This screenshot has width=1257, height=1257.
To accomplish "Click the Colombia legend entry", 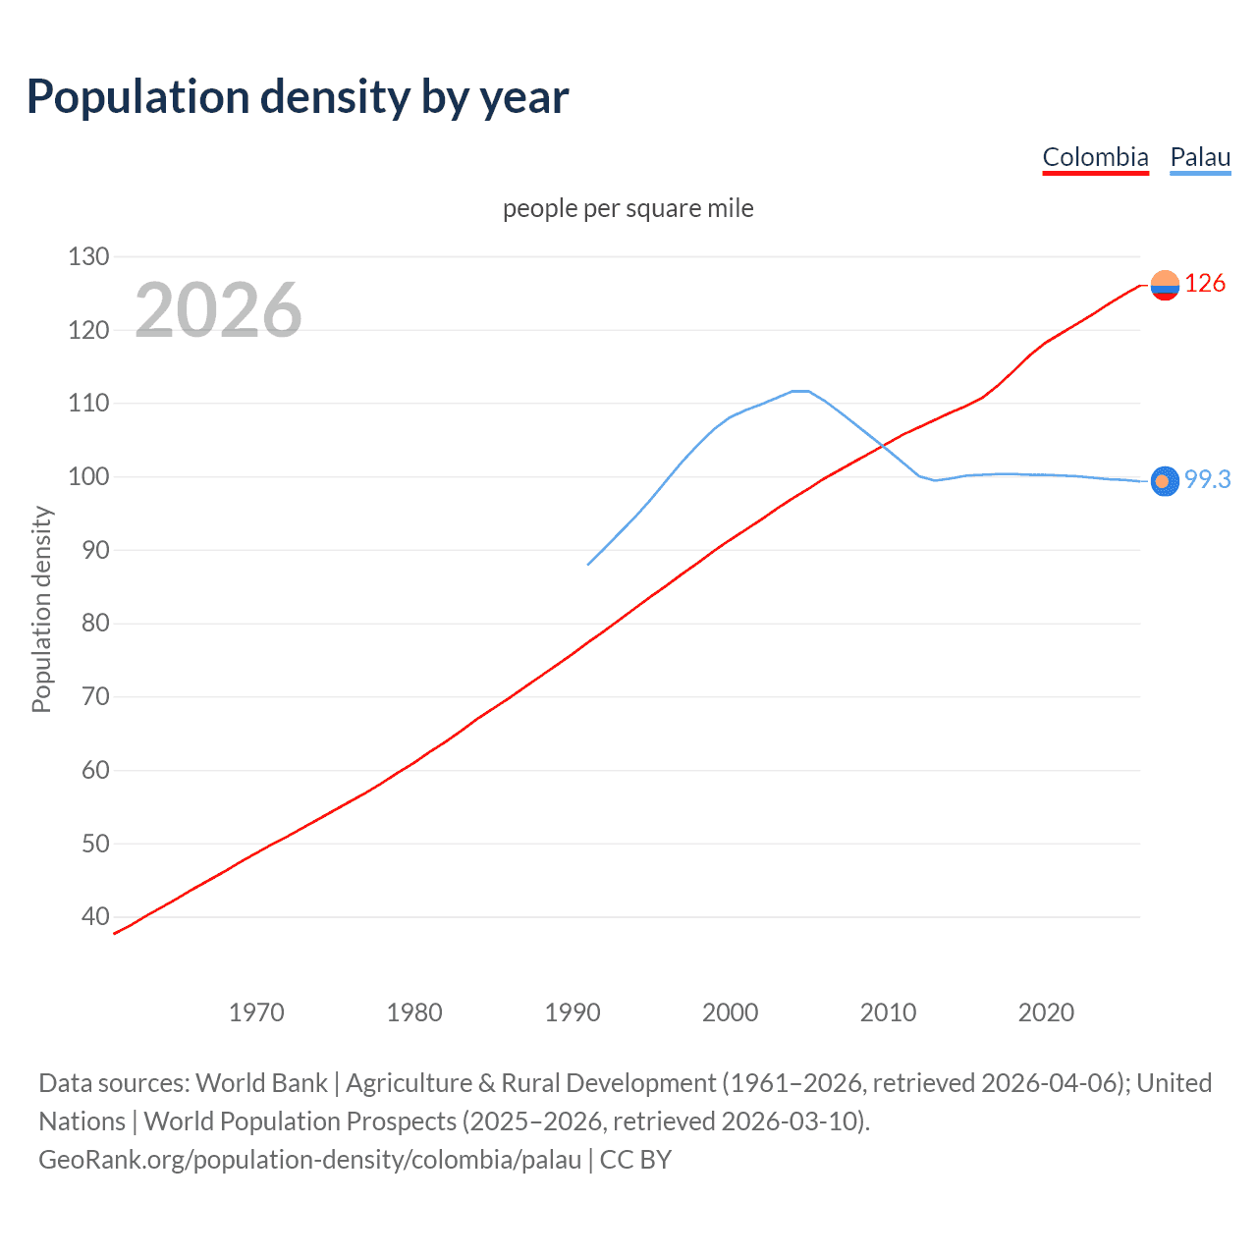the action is pyautogui.click(x=1095, y=157).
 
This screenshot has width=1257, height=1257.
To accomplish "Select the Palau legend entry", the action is pyautogui.click(x=1200, y=157).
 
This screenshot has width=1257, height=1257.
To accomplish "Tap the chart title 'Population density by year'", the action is pyautogui.click(x=298, y=96).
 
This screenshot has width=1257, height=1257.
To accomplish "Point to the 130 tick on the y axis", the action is pyautogui.click(x=88, y=257).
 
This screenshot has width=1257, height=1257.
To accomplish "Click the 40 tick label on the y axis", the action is pyautogui.click(x=88, y=916).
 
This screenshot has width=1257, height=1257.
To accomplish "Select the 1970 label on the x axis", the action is pyautogui.click(x=256, y=1012).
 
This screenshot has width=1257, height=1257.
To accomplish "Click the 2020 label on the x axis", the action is pyautogui.click(x=1046, y=1012).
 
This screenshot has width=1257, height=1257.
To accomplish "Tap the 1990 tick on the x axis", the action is pyautogui.click(x=573, y=1012).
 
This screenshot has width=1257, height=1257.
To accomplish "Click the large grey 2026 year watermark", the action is pyautogui.click(x=218, y=310).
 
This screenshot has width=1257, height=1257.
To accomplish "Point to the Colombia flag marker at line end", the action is pyautogui.click(x=1165, y=285).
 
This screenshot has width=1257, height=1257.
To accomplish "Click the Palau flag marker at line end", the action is pyautogui.click(x=1165, y=481).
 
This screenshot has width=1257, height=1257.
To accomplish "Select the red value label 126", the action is pyautogui.click(x=1205, y=284).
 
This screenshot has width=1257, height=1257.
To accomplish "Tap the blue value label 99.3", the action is pyautogui.click(x=1207, y=479).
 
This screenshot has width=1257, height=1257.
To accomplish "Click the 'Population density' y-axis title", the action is pyautogui.click(x=41, y=609).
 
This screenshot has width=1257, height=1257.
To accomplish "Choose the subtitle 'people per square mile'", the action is pyautogui.click(x=628, y=208).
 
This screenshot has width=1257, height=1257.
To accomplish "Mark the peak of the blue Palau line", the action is pyautogui.click(x=800, y=391).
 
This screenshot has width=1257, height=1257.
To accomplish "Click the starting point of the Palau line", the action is pyautogui.click(x=588, y=565).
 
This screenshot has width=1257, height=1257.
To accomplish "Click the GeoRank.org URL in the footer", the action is pyautogui.click(x=310, y=1160).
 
